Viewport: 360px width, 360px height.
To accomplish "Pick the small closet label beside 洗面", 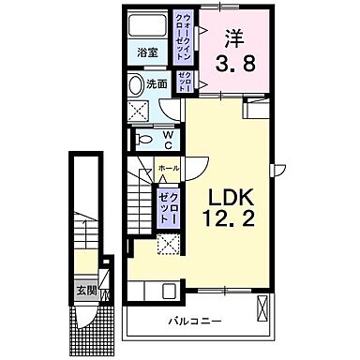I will tap(184, 82).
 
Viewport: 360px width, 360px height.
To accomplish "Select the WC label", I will tap(169, 140).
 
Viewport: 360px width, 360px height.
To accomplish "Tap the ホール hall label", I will tap(168, 167).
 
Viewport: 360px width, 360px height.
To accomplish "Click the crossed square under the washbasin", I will tap(140, 110).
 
